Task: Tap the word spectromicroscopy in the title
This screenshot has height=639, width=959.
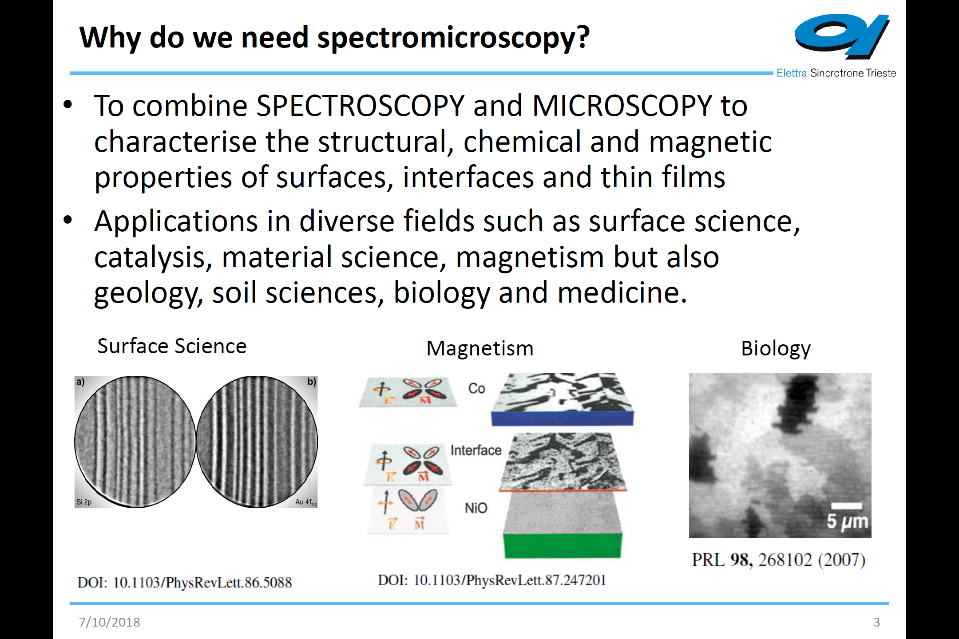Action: pyautogui.click(x=453, y=38)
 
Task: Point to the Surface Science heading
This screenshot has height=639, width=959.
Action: pyautogui.click(x=172, y=346)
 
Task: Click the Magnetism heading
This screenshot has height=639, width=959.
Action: pyautogui.click(x=480, y=348)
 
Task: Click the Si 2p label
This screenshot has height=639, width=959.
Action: pyautogui.click(x=84, y=502)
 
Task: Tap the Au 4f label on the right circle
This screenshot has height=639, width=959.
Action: pyautogui.click(x=306, y=502)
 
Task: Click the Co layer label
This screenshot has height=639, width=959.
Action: pyautogui.click(x=476, y=388)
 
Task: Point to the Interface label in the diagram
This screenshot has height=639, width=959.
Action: pyautogui.click(x=476, y=450)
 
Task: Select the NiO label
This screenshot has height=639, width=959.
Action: pyautogui.click(x=476, y=508)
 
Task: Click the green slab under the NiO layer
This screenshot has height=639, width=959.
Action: pyautogui.click(x=563, y=545)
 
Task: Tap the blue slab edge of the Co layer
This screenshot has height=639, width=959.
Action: pyautogui.click(x=563, y=418)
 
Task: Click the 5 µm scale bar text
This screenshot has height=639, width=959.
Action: pyautogui.click(x=847, y=521)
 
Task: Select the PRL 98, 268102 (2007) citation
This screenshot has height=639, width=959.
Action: pyautogui.click(x=779, y=560)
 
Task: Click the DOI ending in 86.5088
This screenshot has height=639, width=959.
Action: pyautogui.click(x=185, y=582)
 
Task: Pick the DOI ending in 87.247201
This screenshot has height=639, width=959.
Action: pyautogui.click(x=492, y=580)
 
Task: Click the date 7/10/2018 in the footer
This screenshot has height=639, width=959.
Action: pyautogui.click(x=109, y=622)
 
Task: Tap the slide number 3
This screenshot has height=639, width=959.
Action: pyautogui.click(x=876, y=622)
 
